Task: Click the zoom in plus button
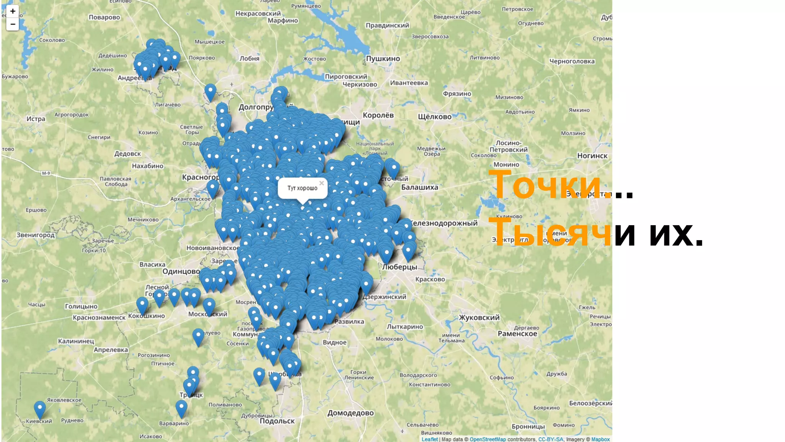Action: coord(13,11)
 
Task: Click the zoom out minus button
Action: coord(13,24)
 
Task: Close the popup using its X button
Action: coord(322,183)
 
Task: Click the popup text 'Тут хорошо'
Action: coord(302,188)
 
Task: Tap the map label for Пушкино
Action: coord(383,59)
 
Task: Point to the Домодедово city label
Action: coord(350,413)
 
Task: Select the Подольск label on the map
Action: coord(277,421)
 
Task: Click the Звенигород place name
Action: coord(36,235)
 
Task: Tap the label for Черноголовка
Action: coord(572,61)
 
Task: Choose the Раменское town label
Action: coord(517,334)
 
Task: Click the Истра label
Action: coord(36,119)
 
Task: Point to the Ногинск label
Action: coord(592,156)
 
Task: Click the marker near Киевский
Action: coord(40,409)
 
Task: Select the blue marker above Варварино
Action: coord(181,408)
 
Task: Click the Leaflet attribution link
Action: coord(429,439)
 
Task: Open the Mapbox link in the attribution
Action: coord(600,439)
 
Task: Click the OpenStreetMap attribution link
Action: coord(488,439)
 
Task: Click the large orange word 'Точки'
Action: coord(544,186)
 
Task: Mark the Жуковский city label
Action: coord(479,318)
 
